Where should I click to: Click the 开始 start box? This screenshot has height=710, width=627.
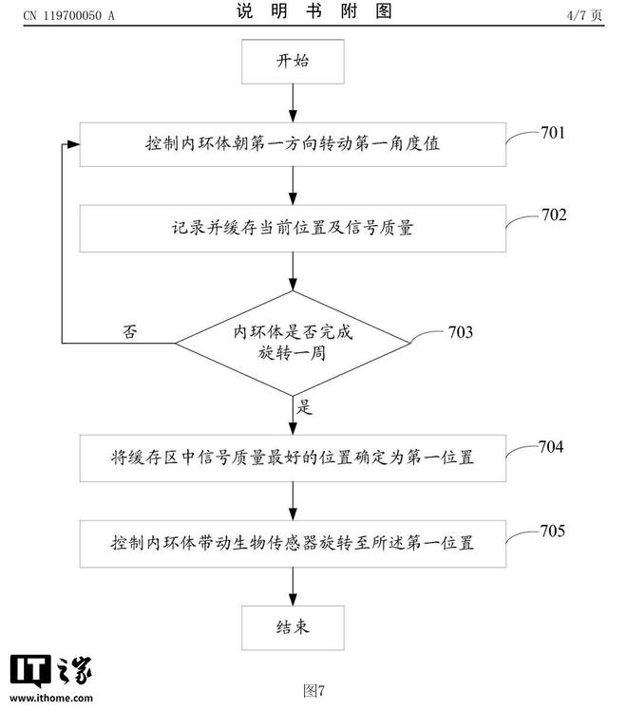click(293, 62)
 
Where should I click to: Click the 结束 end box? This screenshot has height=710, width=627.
click(293, 627)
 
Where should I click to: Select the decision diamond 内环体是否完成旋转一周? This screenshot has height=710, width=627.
click(293, 343)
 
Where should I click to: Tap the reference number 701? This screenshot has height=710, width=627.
click(553, 133)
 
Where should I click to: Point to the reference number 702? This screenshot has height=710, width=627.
click(554, 215)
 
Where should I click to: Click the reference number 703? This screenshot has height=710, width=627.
click(461, 332)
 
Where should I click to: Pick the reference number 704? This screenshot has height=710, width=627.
click(551, 447)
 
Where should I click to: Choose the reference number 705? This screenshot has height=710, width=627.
click(552, 531)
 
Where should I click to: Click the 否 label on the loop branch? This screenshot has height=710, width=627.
click(129, 331)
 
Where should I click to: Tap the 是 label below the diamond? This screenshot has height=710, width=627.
click(304, 406)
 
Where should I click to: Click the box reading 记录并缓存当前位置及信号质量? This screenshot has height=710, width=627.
click(293, 228)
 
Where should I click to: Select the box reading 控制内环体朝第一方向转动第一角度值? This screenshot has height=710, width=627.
click(293, 144)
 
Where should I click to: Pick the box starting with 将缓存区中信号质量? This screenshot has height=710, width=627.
click(293, 458)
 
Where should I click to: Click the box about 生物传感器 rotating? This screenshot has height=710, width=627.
click(293, 544)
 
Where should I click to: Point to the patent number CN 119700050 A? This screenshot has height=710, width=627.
click(68, 16)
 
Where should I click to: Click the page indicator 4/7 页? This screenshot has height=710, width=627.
click(584, 15)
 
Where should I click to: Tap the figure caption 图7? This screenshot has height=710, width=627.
click(313, 690)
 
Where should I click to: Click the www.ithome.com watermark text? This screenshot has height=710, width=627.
click(51, 698)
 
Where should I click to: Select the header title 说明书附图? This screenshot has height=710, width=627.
click(313, 10)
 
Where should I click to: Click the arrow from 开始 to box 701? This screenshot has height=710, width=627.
click(293, 103)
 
